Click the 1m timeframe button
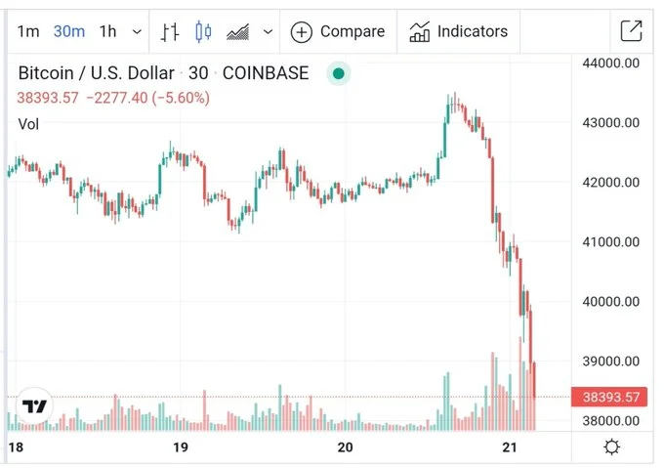coord(28,31)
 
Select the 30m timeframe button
coord(68,31)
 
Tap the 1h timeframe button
coord(107,31)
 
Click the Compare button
coord(338,31)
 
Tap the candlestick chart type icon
coord(203,31)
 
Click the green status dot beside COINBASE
coord(339,73)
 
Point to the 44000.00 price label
coord(610,64)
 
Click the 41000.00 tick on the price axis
coord(610,242)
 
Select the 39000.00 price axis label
coord(610,361)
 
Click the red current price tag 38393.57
coord(610,398)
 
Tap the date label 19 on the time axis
coord(180,447)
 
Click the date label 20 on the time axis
coord(345,447)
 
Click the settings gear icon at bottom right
coord(611,447)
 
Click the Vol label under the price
coord(29,123)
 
